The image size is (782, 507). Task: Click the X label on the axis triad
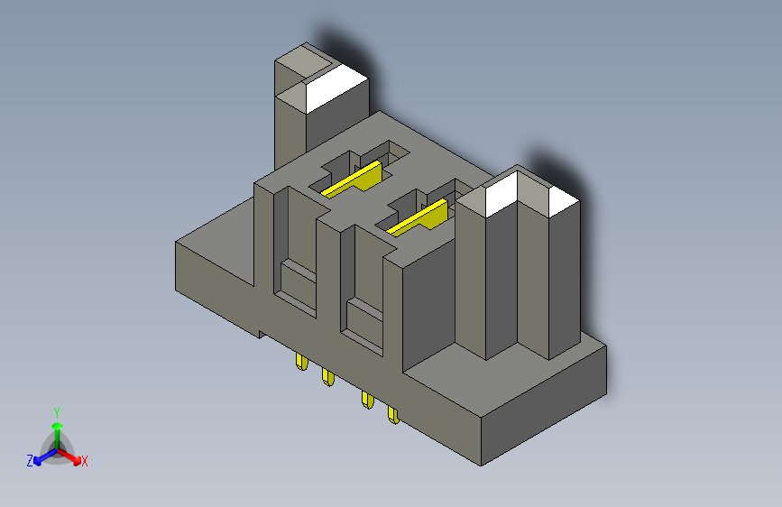click(x=85, y=462)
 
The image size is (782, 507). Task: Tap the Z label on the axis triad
click(x=30, y=461)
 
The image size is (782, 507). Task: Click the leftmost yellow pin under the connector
click(x=300, y=363)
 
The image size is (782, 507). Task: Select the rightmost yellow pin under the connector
click(x=393, y=415)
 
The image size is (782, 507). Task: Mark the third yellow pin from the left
click(x=367, y=400)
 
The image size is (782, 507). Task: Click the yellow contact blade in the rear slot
click(x=355, y=180)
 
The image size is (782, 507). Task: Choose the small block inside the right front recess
click(x=364, y=319)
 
